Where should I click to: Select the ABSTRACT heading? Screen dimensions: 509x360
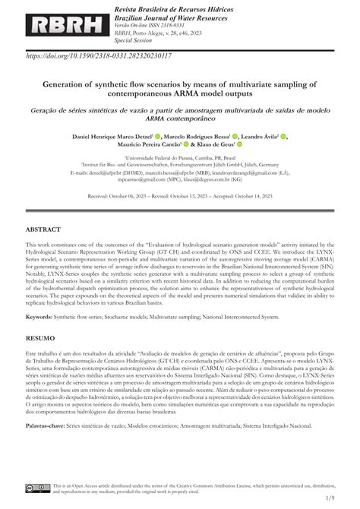(43, 228)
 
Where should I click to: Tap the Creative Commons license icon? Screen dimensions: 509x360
(38, 485)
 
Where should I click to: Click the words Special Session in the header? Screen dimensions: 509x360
(110, 42)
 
